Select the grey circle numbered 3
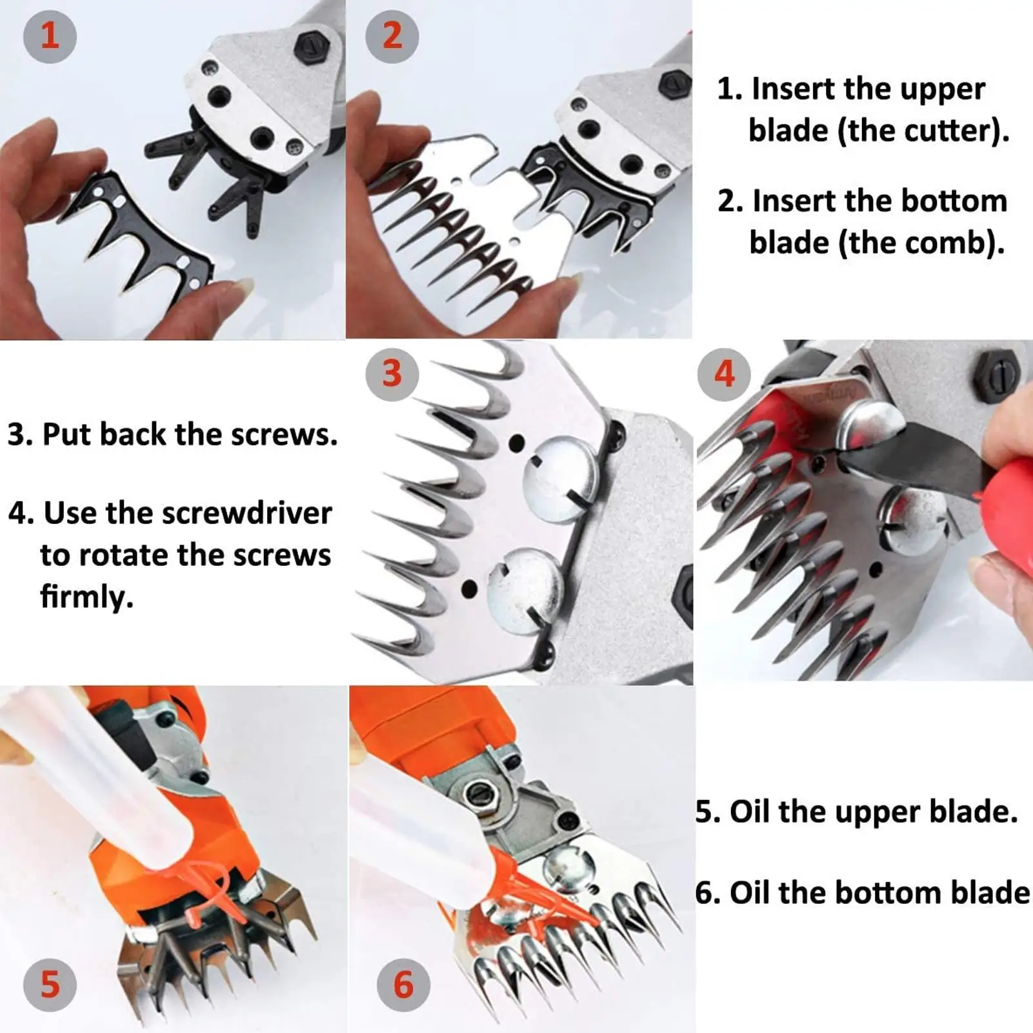click(392, 374)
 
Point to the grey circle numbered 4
click(725, 374)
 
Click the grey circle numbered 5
click(50, 985)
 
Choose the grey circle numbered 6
click(404, 985)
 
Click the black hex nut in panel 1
click(312, 46)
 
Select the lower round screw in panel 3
click(526, 588)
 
